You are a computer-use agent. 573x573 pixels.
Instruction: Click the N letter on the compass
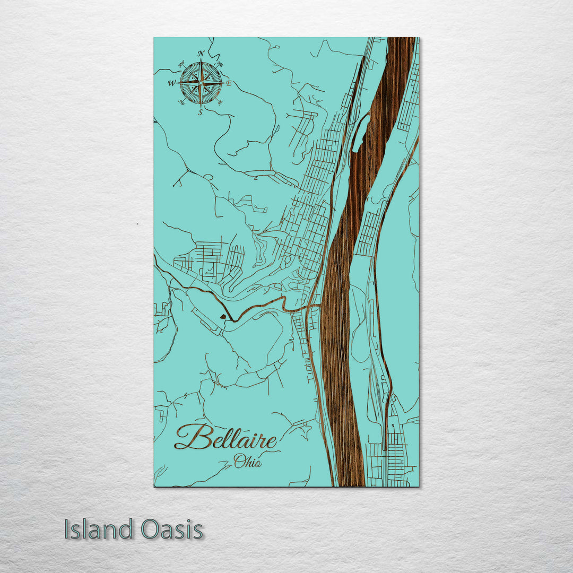[201, 53]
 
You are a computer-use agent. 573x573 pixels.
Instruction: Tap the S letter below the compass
[200, 112]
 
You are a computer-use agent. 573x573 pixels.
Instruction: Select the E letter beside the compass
[229, 84]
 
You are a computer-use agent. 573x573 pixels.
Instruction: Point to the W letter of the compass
[171, 83]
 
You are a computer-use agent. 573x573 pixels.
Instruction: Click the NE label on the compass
[220, 64]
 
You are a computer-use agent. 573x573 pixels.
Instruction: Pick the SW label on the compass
[181, 102]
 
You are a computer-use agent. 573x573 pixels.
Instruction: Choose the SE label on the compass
[220, 102]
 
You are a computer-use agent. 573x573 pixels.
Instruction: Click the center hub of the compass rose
[201, 83]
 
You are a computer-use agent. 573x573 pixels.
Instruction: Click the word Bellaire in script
[226, 438]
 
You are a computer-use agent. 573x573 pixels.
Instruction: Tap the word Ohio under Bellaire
[248, 462]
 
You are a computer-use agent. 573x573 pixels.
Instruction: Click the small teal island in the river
[359, 133]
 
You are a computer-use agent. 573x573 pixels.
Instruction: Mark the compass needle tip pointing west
[180, 83]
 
